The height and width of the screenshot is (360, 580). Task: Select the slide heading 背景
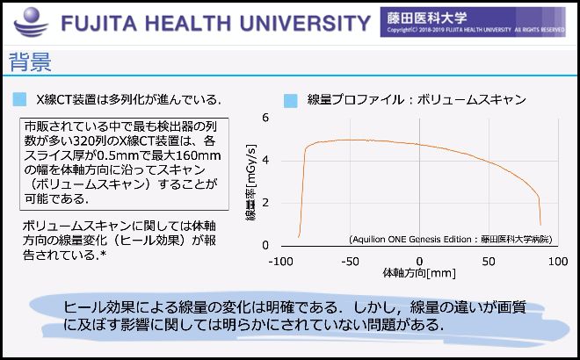point(30,63)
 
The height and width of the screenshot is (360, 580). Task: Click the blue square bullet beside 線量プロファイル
point(291,100)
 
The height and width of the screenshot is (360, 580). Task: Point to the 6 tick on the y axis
point(265,118)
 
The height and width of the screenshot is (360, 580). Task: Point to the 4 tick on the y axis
point(265,160)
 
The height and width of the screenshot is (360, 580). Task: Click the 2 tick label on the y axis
point(265,203)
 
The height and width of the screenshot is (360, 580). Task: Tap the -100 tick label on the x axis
point(280,262)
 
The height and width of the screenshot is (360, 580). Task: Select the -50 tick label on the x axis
point(350,262)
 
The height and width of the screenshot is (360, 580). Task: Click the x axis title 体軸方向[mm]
point(419,274)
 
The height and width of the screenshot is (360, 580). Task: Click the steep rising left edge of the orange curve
point(302,189)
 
